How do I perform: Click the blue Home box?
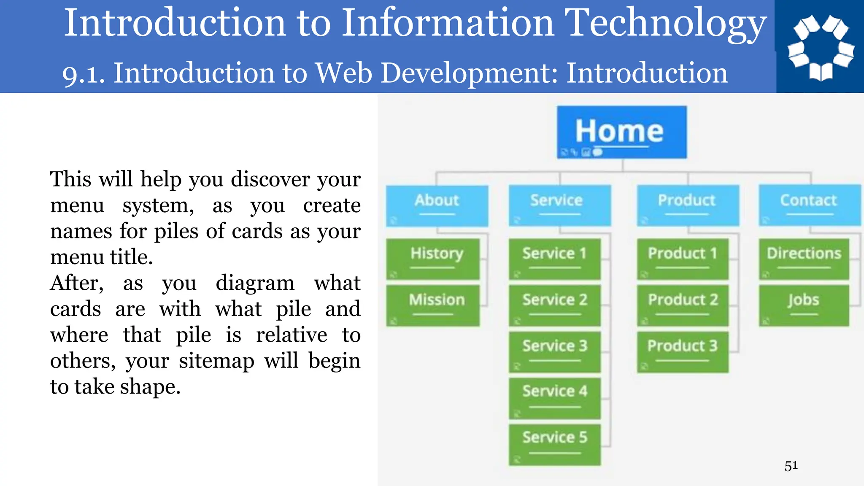point(621,132)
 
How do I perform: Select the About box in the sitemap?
point(437,205)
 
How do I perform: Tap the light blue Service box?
point(559,205)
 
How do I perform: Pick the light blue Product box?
point(688,205)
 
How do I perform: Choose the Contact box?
point(809,205)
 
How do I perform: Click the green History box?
point(433,259)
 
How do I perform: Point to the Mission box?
point(433,305)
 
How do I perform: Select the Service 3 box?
point(554,352)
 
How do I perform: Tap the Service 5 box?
point(554,444)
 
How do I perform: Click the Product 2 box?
point(683,305)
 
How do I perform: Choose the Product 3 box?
point(683,352)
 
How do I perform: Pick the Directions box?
point(804,259)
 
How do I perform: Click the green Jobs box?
point(804,305)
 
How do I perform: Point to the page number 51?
point(791,466)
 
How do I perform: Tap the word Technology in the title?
point(665,23)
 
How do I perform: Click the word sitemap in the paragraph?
point(216,361)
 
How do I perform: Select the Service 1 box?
point(554,259)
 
